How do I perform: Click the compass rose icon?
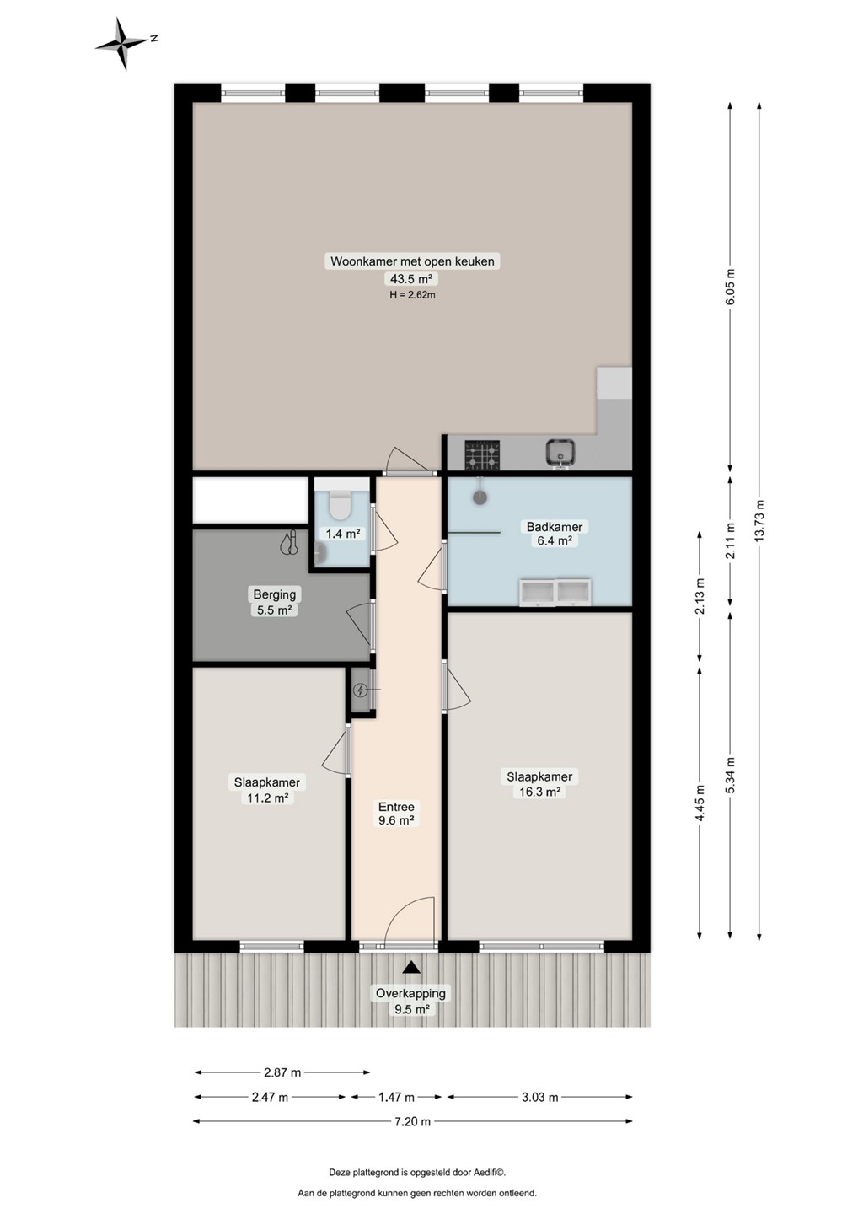click(x=124, y=43)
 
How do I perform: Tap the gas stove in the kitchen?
click(x=482, y=454)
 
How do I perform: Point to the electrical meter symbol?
click(x=360, y=690)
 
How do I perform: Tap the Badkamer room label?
click(x=554, y=526)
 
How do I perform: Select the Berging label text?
click(x=275, y=594)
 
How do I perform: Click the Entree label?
click(x=396, y=807)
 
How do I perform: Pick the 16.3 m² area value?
click(x=539, y=792)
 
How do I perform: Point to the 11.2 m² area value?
click(x=267, y=798)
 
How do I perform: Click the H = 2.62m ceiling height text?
click(x=412, y=295)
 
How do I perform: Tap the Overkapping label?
click(x=411, y=993)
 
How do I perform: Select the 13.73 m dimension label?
click(x=759, y=518)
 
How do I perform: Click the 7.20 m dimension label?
click(x=413, y=1121)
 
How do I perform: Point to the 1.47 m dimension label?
click(x=396, y=1098)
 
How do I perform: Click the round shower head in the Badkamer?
click(x=480, y=497)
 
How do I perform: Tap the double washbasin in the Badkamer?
click(x=555, y=593)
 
